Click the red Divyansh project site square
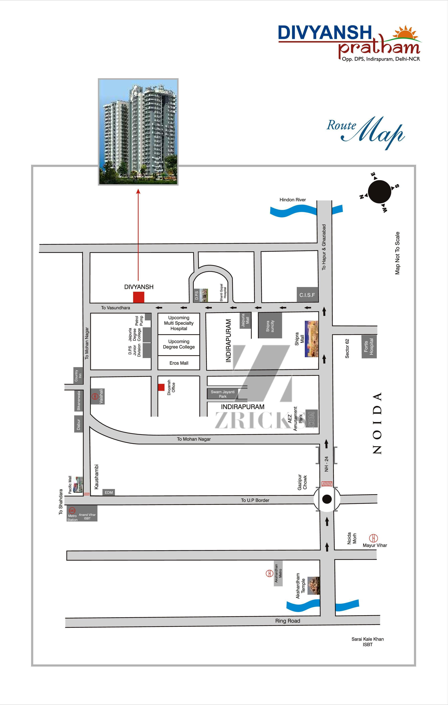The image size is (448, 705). click(x=139, y=297)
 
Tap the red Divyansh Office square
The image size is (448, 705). click(x=161, y=387)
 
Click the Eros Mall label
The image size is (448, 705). click(x=179, y=363)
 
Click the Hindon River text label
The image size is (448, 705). click(x=293, y=200)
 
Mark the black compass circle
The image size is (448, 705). click(x=380, y=192)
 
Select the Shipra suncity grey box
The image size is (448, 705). click(x=270, y=325)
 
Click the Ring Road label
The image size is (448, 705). click(x=288, y=621)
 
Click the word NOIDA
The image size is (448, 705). click(x=378, y=423)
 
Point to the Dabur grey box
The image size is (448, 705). click(x=79, y=424)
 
